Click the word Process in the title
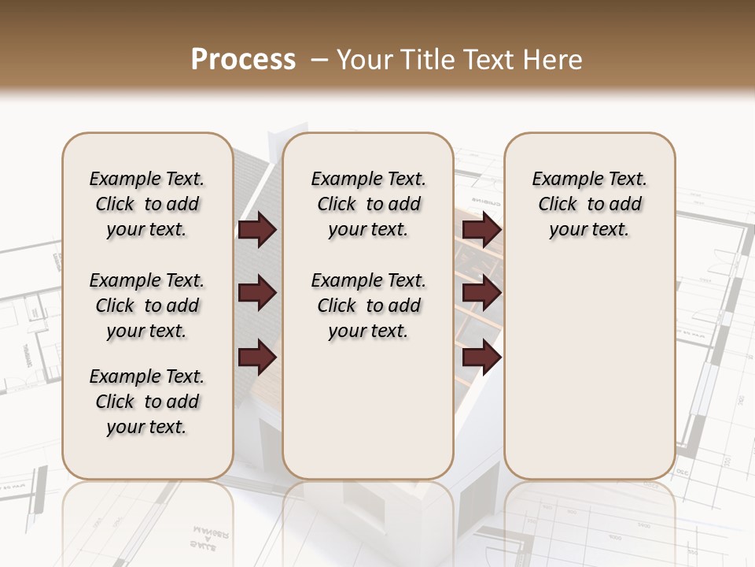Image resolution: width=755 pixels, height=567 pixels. click(243, 60)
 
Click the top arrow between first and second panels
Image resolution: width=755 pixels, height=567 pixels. click(257, 230)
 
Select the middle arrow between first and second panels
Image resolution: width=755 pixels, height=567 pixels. click(257, 294)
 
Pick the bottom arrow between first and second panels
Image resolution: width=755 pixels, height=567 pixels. click(257, 358)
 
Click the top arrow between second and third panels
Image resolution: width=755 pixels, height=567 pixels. click(482, 230)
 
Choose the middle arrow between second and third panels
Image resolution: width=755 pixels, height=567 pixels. click(482, 294)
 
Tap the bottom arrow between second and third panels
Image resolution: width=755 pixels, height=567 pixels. click(482, 358)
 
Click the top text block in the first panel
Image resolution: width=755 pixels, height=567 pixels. click(147, 204)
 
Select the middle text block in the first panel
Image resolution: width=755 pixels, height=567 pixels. click(147, 306)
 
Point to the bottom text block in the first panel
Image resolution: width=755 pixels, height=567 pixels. click(147, 402)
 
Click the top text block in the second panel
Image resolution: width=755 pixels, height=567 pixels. click(369, 204)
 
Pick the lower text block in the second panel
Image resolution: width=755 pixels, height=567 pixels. click(369, 306)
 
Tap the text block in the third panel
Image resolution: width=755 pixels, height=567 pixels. click(590, 204)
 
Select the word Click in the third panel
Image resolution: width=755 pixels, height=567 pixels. click(558, 205)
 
